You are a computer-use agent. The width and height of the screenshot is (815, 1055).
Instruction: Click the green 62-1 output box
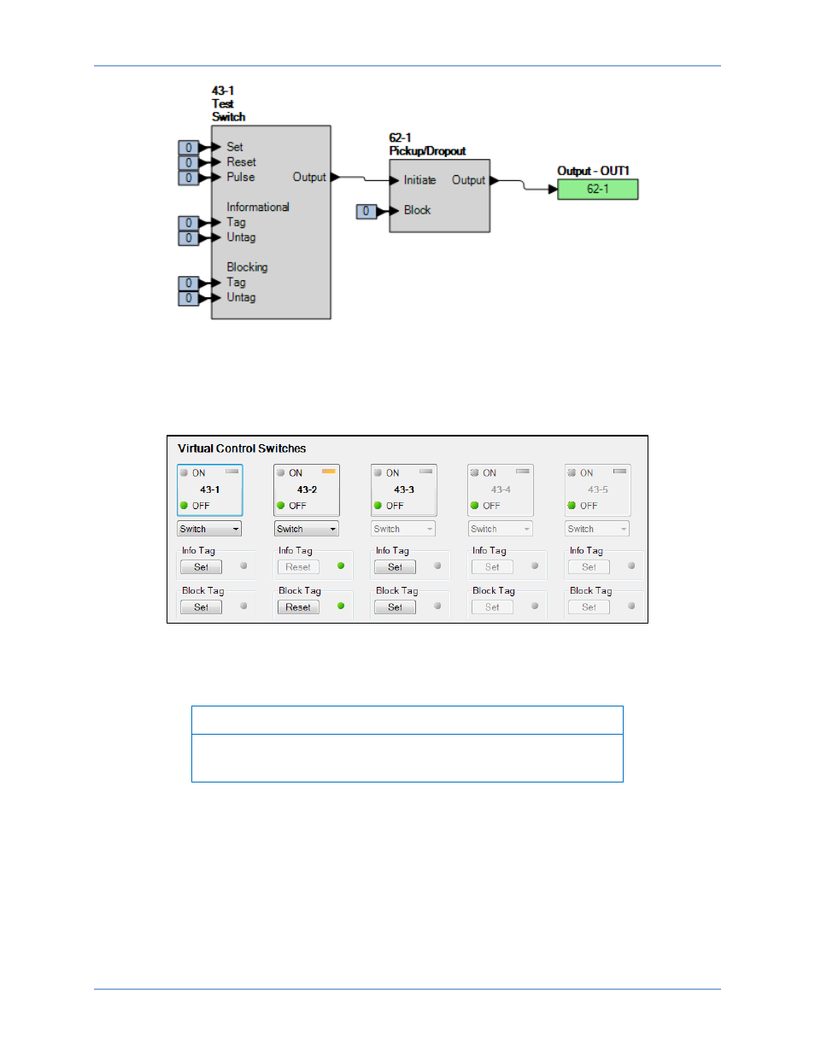[597, 189]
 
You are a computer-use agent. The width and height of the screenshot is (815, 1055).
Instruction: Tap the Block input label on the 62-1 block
[417, 210]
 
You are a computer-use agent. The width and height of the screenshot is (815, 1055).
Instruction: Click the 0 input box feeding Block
[366, 211]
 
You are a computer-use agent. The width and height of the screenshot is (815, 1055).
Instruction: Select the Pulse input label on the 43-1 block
[240, 177]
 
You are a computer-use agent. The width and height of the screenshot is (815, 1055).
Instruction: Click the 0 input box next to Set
[188, 148]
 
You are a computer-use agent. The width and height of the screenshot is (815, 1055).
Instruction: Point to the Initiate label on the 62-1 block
[419, 180]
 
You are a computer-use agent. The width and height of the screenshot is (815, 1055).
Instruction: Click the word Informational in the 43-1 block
[257, 207]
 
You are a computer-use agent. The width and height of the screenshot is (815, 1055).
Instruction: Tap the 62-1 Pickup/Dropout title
[426, 144]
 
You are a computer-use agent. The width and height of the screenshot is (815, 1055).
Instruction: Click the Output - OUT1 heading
[593, 171]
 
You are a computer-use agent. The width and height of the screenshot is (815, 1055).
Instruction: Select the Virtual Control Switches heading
[242, 448]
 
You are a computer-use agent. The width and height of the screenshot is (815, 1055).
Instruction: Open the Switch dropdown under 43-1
[209, 529]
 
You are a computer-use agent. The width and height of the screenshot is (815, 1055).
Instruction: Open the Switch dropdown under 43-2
[306, 529]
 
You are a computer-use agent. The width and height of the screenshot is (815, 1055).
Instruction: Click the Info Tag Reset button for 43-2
[298, 566]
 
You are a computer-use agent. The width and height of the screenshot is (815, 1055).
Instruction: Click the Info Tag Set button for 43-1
[201, 566]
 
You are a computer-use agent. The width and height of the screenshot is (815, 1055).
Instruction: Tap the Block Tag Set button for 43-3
[395, 607]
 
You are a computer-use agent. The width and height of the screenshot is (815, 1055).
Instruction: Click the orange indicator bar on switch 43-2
[328, 471]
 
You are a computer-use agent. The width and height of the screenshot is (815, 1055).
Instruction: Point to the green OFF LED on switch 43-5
[572, 505]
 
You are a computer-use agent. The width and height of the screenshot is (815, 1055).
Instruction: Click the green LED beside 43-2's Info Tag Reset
[341, 566]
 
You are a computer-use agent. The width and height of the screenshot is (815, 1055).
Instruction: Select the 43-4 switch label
[501, 489]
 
